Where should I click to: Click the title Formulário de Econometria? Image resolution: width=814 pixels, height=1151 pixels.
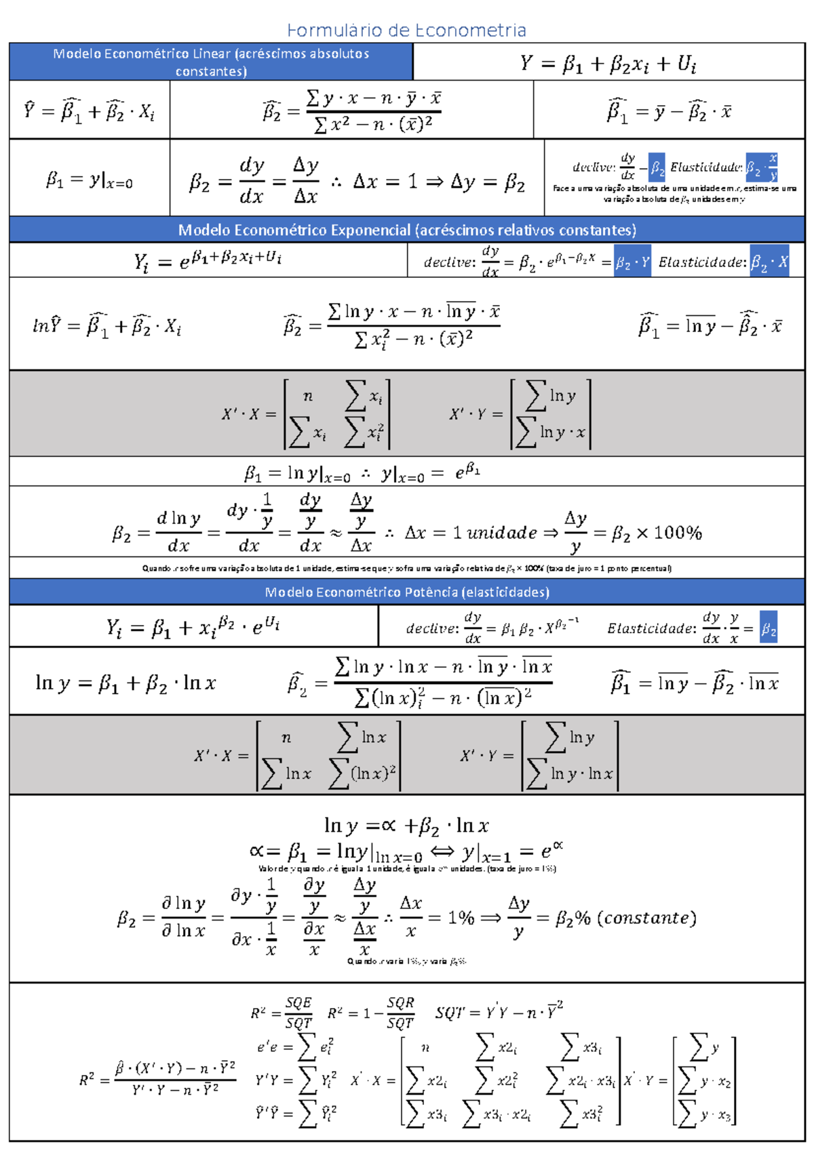(406, 31)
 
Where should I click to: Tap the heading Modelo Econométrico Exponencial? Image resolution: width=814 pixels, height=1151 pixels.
(407, 230)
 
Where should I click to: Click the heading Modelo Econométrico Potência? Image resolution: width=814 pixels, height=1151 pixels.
(407, 592)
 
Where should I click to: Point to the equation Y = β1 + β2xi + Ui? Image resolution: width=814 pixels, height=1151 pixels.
(608, 64)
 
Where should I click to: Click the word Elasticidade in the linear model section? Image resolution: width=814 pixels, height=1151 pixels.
(705, 167)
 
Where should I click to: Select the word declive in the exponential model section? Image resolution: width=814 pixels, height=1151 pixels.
(448, 262)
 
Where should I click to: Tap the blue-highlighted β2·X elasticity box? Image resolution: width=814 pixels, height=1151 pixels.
(769, 262)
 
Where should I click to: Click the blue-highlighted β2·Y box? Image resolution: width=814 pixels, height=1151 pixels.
(632, 262)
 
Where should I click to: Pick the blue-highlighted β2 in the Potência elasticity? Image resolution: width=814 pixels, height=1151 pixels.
(769, 629)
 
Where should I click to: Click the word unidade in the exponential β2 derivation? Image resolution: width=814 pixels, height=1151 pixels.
(502, 533)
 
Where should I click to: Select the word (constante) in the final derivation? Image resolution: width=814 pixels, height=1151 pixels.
(651, 918)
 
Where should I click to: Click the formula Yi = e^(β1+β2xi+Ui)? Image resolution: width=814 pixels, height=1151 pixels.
(208, 260)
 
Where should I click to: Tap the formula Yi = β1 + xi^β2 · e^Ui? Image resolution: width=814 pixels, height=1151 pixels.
(193, 627)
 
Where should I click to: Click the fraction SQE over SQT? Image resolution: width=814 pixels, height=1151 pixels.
(298, 1013)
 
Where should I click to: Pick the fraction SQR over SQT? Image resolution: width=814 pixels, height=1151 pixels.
(400, 1013)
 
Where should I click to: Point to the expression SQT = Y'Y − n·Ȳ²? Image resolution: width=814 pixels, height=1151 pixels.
(499, 1012)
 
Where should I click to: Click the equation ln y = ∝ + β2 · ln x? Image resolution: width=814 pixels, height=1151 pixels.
(406, 826)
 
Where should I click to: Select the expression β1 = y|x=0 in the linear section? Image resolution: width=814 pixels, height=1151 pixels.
(90, 180)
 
